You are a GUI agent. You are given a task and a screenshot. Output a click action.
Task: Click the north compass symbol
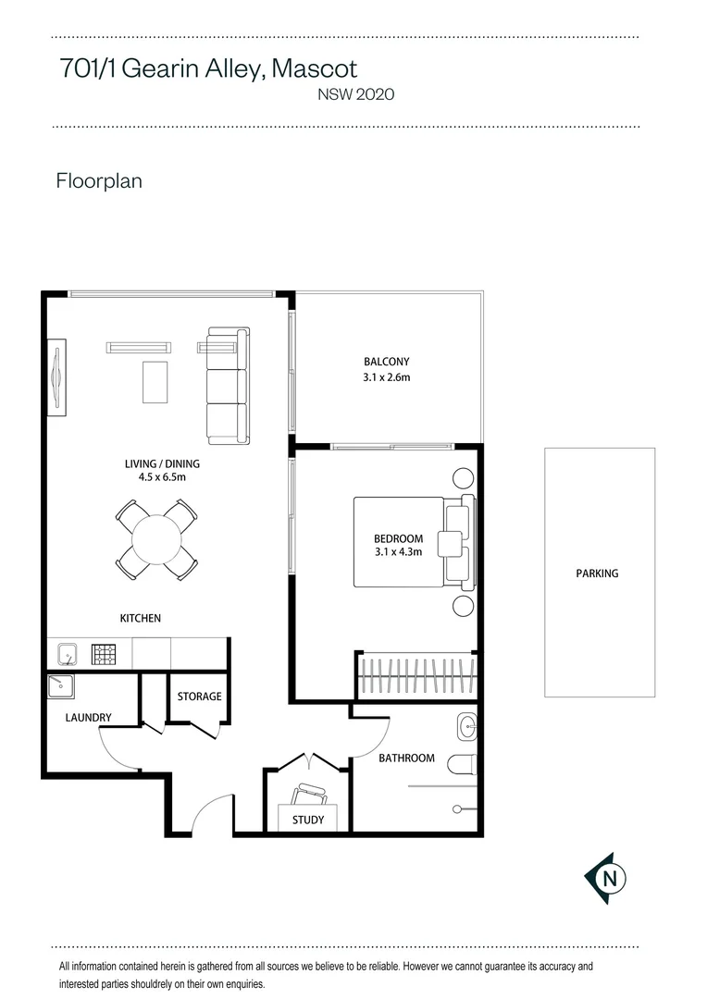pyautogui.click(x=607, y=877)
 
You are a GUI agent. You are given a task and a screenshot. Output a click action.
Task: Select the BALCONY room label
pyautogui.click(x=386, y=362)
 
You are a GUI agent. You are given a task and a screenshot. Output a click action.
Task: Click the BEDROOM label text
pyautogui.click(x=398, y=539)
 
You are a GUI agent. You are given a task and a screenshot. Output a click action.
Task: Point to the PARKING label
pyautogui.click(x=597, y=573)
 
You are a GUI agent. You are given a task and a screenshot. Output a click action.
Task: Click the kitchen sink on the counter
pyautogui.click(x=66, y=655)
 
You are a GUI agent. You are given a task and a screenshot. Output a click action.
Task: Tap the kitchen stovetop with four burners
pyautogui.click(x=102, y=655)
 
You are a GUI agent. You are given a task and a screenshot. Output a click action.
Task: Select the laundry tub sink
pyautogui.click(x=61, y=686)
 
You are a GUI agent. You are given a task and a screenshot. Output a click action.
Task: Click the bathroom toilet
pyautogui.click(x=462, y=765)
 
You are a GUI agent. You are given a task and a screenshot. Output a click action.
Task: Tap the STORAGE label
pyautogui.click(x=200, y=697)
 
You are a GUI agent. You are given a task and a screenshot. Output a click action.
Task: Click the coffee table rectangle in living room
pyautogui.click(x=155, y=382)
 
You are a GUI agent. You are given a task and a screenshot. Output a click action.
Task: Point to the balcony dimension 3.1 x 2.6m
pyautogui.click(x=386, y=377)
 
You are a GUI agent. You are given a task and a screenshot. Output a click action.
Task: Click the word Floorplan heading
pyautogui.click(x=99, y=180)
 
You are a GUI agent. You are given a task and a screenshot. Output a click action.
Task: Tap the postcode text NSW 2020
pyautogui.click(x=356, y=93)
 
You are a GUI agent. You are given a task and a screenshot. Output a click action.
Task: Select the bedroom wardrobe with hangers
pyautogui.click(x=416, y=676)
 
